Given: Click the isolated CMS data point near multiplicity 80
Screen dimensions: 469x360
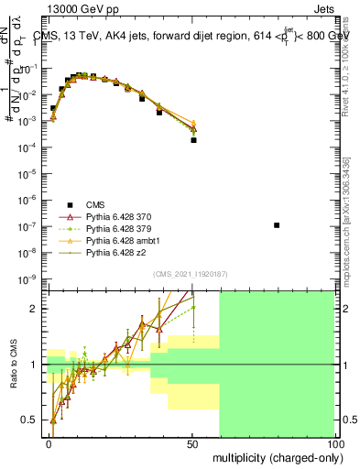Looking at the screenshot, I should pyautogui.click(x=278, y=225).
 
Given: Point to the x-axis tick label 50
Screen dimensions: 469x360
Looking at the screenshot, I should pyautogui.click(x=192, y=443).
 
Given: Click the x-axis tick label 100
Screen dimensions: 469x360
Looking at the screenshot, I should pyautogui.click(x=333, y=443).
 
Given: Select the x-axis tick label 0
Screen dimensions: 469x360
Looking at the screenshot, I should pyautogui.click(x=49, y=443).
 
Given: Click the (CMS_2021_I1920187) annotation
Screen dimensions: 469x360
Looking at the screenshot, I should pyautogui.click(x=190, y=273).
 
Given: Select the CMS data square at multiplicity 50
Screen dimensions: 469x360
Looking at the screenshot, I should pyautogui.click(x=193, y=140).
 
